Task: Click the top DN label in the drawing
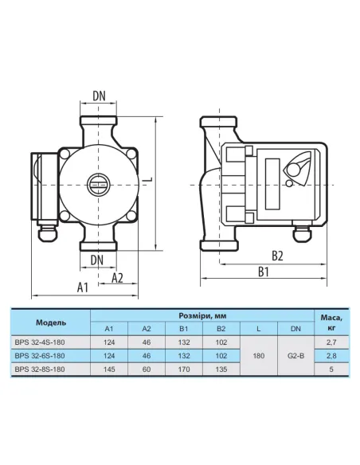[99, 96]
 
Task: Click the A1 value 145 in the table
[109, 369]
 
